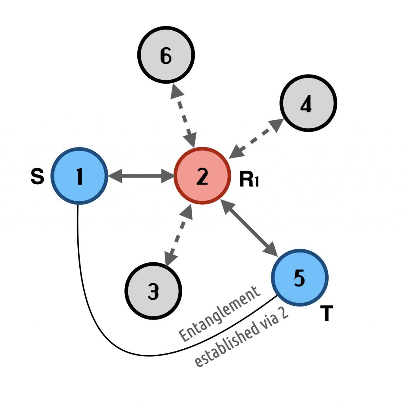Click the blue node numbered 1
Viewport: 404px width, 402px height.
click(x=79, y=176)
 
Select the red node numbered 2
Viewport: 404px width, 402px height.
click(x=202, y=176)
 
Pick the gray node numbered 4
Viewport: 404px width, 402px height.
click(x=308, y=103)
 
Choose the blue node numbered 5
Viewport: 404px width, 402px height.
click(x=299, y=277)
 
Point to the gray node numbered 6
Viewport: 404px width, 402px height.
click(x=166, y=55)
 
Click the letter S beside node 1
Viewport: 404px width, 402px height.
click(x=37, y=177)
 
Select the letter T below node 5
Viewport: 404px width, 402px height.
click(x=326, y=314)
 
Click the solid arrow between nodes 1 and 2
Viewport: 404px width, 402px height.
click(x=141, y=176)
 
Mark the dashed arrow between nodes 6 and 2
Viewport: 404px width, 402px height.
click(x=184, y=115)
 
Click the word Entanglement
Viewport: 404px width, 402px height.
click(x=219, y=314)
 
